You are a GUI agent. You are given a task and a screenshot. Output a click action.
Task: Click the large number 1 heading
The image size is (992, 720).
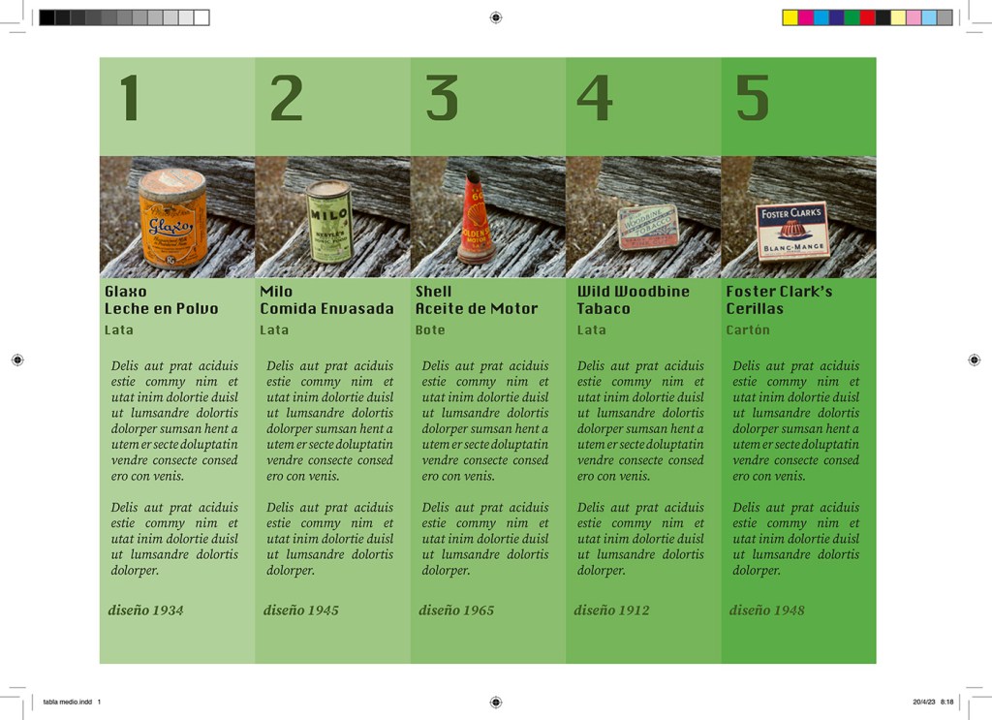[x=130, y=98]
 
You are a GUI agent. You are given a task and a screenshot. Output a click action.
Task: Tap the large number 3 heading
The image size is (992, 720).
[x=442, y=98]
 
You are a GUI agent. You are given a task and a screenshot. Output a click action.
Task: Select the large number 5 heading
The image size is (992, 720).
[x=752, y=98]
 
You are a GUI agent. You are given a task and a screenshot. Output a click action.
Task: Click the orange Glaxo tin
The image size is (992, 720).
[x=172, y=218]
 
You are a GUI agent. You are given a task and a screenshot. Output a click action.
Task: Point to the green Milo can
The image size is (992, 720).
[x=329, y=221]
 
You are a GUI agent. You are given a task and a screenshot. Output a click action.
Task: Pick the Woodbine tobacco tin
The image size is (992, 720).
[x=648, y=227]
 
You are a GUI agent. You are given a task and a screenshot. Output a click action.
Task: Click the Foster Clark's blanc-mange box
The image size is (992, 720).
[x=792, y=231]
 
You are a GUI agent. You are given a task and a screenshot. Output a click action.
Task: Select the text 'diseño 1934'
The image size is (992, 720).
[x=145, y=610]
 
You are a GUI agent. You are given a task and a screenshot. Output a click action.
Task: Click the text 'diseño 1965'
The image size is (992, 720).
[x=456, y=610]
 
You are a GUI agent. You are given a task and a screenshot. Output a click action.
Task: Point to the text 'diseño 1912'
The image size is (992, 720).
[x=612, y=610]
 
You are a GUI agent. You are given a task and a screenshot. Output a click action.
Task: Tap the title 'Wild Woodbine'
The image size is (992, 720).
[x=634, y=292]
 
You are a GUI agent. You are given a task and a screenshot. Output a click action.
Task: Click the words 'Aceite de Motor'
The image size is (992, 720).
[x=477, y=309]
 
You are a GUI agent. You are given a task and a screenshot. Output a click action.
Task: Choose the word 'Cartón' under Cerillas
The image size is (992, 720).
[x=748, y=329]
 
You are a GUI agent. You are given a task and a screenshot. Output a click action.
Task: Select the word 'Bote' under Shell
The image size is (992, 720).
[x=430, y=329]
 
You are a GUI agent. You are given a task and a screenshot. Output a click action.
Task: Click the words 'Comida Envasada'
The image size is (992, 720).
[x=326, y=309]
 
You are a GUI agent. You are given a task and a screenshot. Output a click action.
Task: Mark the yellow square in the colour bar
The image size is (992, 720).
[x=790, y=17]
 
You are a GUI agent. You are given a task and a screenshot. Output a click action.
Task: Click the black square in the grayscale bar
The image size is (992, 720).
[x=46, y=17]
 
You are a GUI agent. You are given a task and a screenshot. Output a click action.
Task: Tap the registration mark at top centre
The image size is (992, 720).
[x=496, y=17]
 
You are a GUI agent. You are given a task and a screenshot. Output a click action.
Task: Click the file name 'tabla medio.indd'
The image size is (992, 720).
[x=68, y=702]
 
